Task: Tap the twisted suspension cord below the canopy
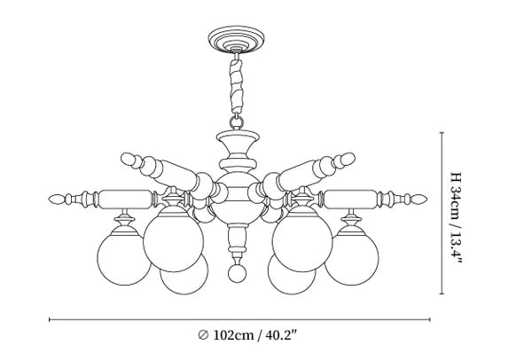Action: pos(237,86)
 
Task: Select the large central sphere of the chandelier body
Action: pos(237,200)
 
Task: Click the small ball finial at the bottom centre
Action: pos(237,272)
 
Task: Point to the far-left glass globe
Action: pos(124,258)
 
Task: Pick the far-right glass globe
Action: pos(351,258)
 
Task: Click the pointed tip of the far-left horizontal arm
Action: pos(49,199)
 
